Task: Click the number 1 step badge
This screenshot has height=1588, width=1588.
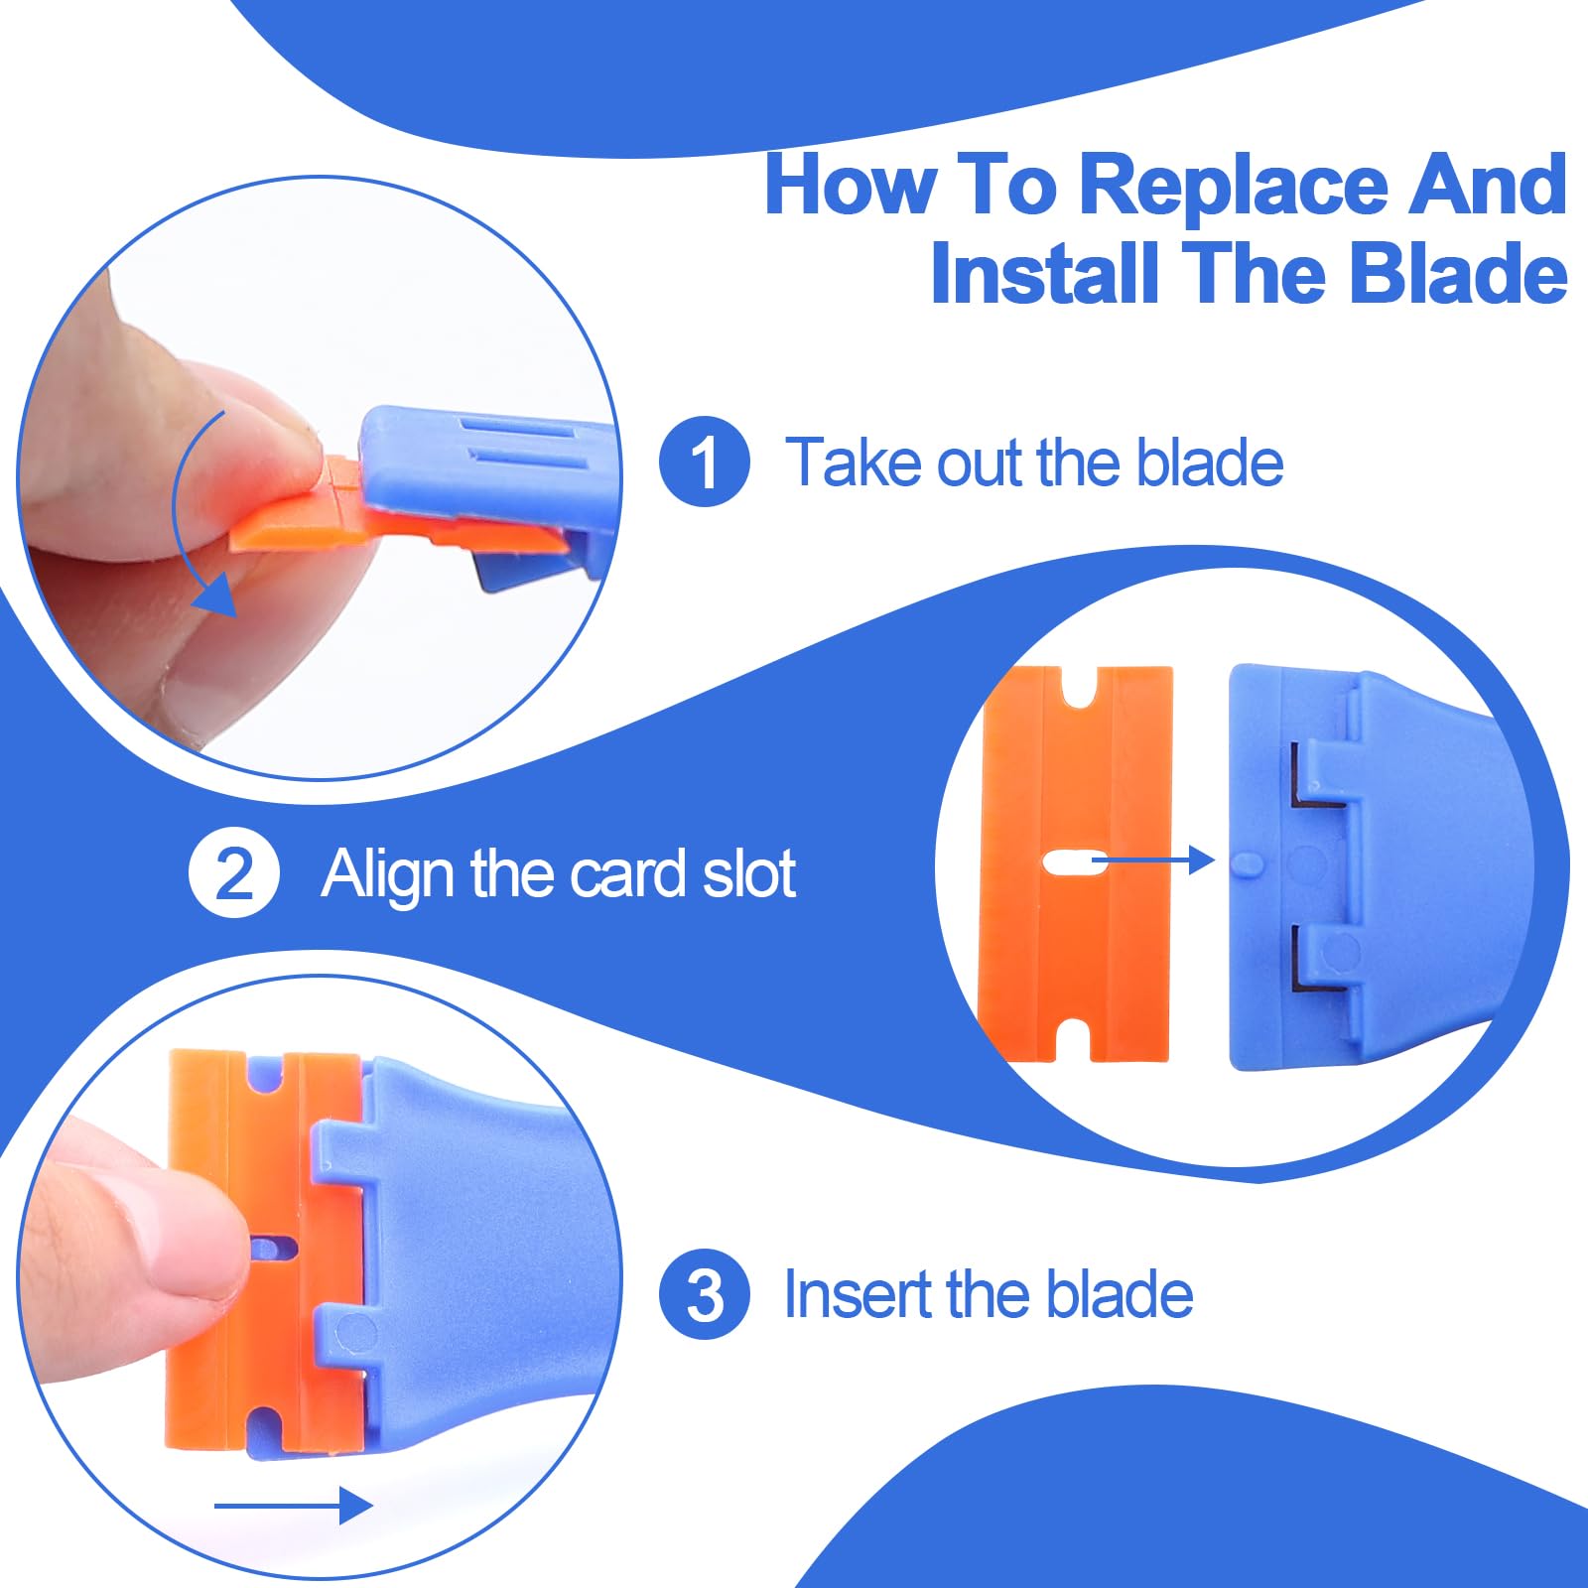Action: point(705,462)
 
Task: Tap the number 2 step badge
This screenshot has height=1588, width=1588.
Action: point(234,873)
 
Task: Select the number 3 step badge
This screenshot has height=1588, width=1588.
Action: point(705,1294)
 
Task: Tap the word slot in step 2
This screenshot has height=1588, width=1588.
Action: point(748,873)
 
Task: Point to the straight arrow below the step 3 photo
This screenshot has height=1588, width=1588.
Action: point(293,1506)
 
